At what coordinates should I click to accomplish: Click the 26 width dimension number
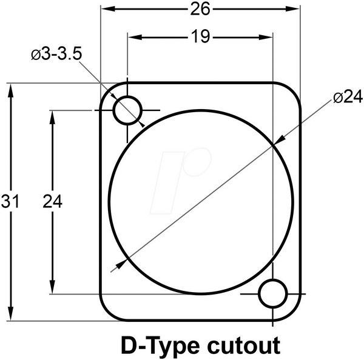(x=200, y=10)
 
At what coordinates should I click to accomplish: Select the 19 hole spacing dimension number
(x=200, y=36)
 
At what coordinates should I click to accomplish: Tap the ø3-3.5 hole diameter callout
(x=57, y=55)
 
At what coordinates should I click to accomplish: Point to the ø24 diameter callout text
(x=348, y=97)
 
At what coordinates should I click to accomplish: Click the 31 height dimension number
(x=10, y=201)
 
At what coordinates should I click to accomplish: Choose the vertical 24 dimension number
(x=53, y=201)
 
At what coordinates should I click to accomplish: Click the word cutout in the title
(x=244, y=346)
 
